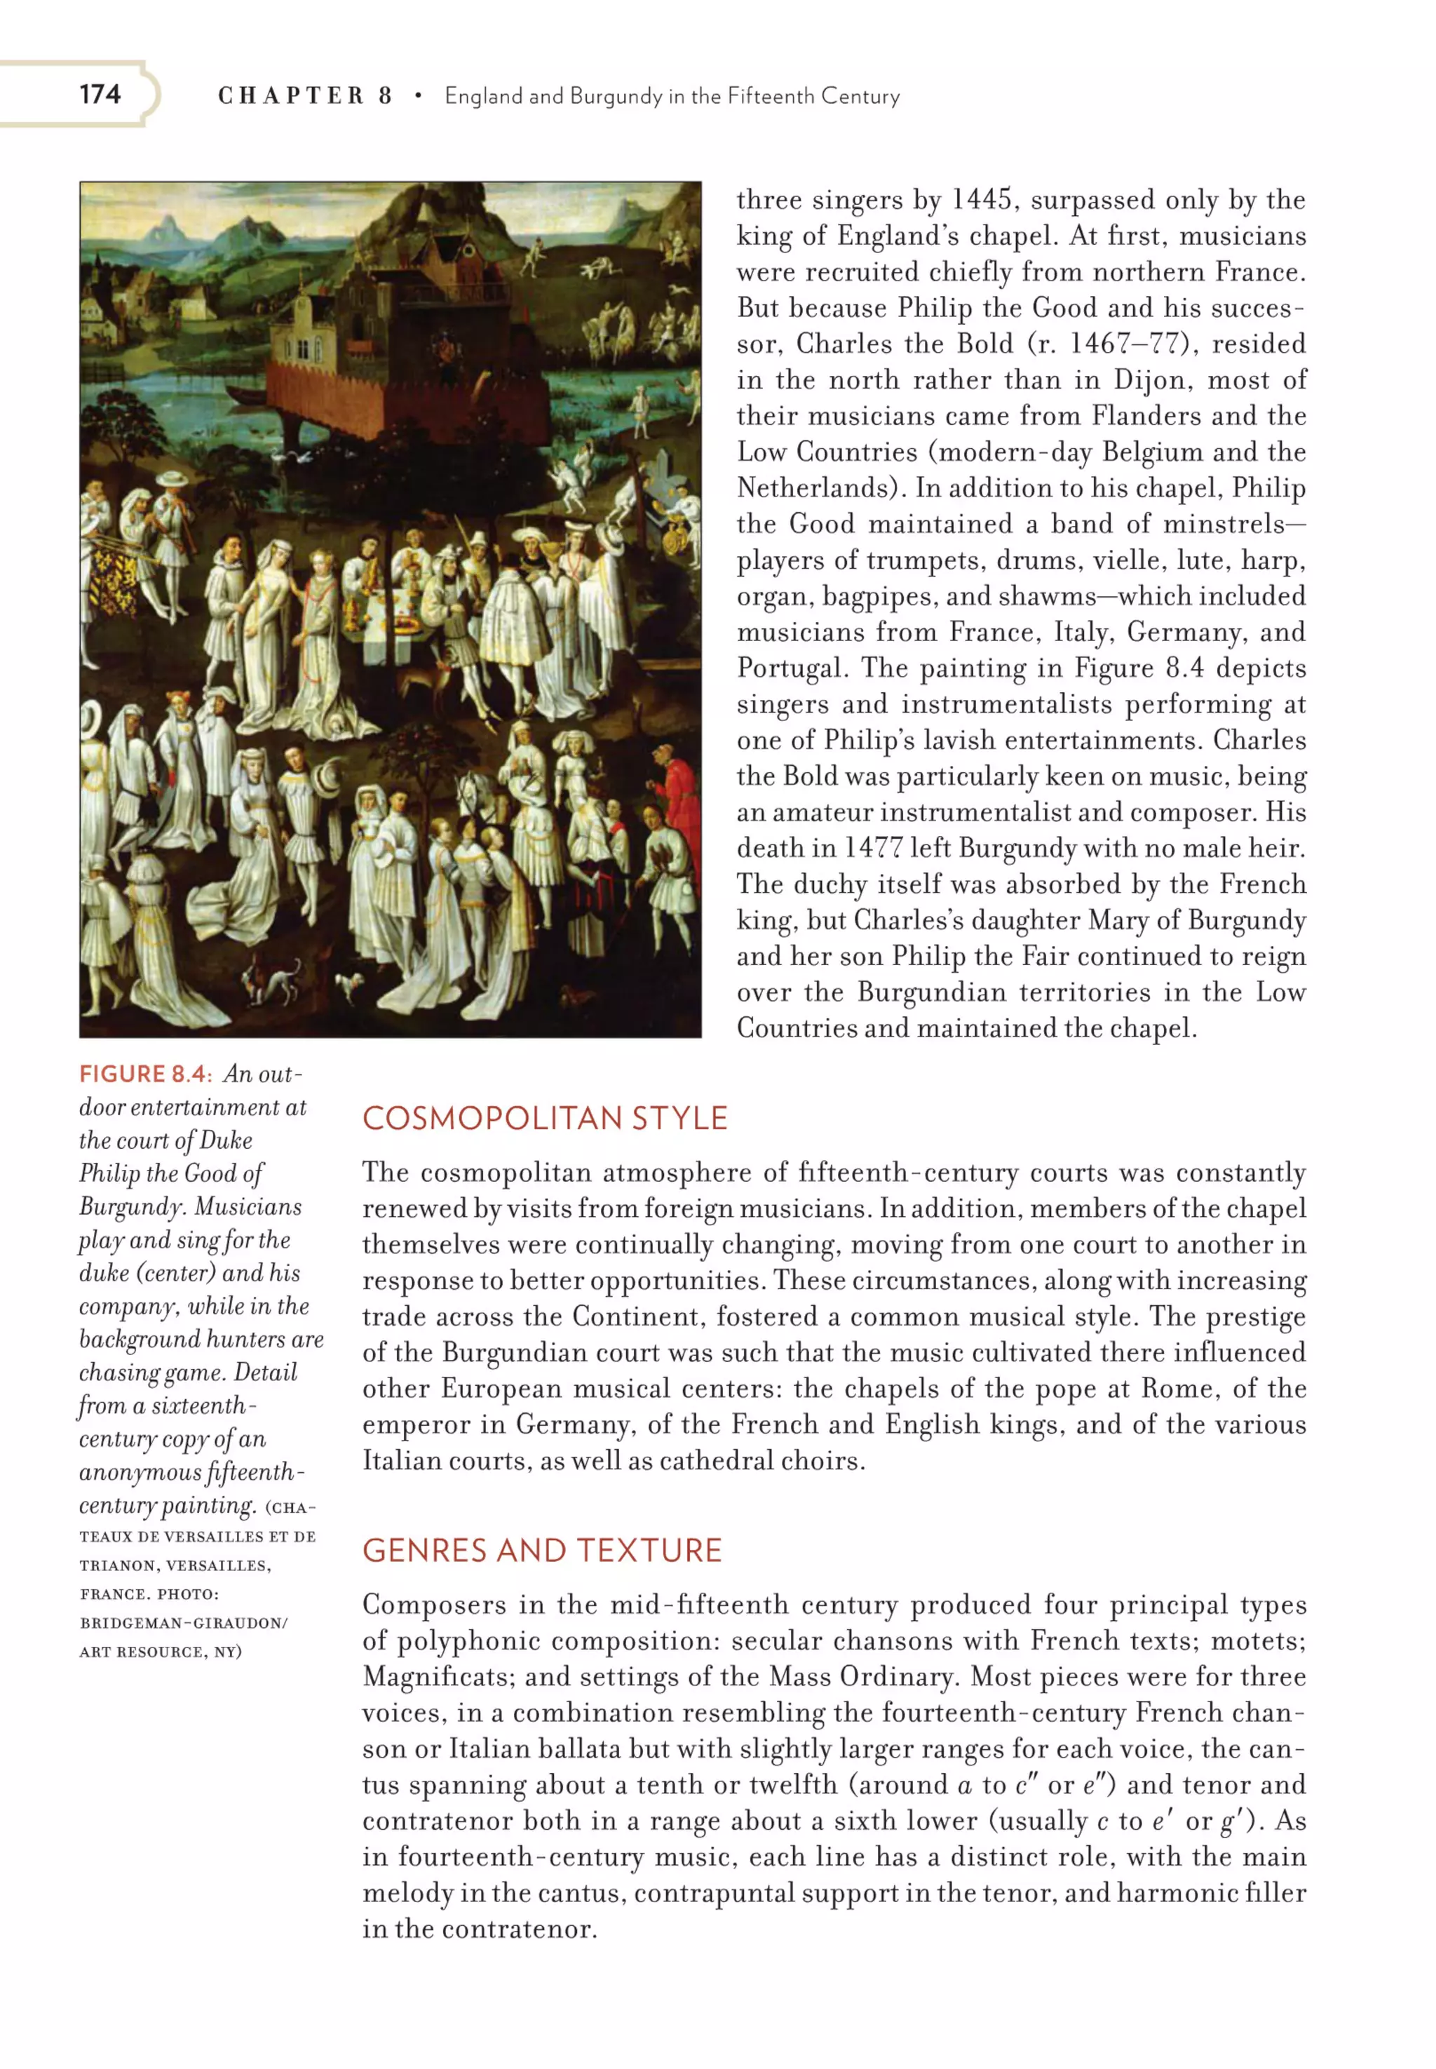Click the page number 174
coord(99,95)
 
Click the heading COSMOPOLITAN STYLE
coord(544,1118)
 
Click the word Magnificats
coord(436,1677)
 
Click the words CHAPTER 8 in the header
coord(305,95)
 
